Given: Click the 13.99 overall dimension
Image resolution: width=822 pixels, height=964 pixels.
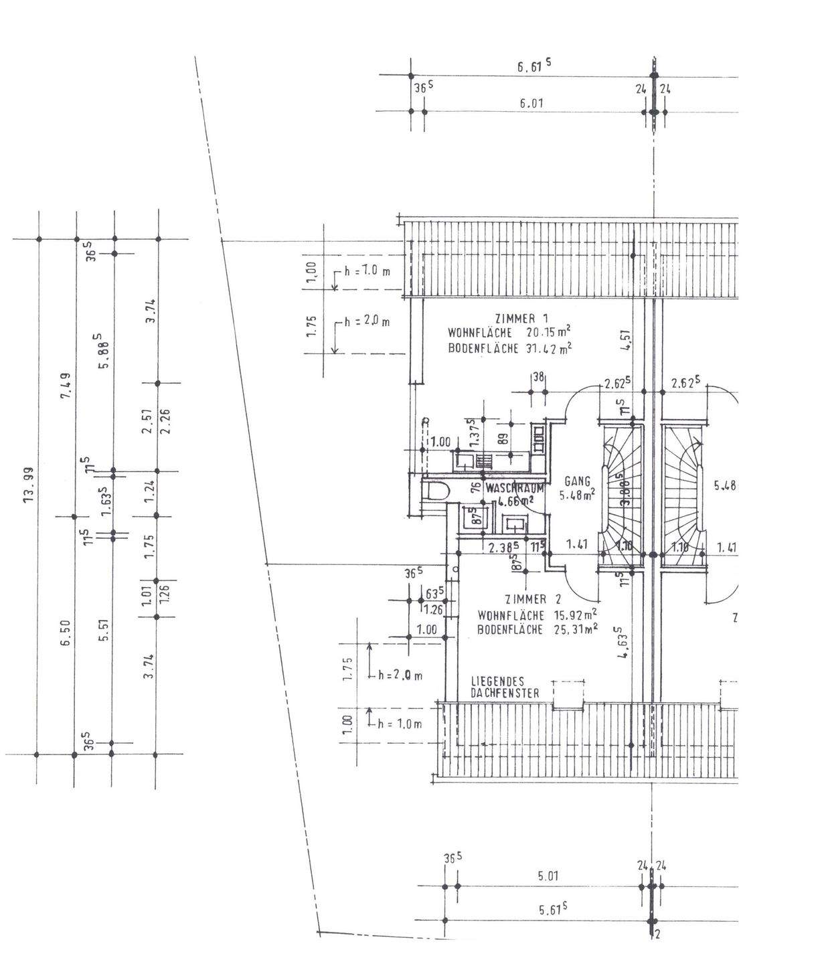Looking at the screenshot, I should point(29,495).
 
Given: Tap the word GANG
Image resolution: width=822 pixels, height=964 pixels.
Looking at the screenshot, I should point(576,481).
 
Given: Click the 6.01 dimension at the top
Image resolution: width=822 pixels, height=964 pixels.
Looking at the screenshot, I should point(531,103).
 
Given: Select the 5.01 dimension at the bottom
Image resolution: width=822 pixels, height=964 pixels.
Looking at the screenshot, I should point(548,876).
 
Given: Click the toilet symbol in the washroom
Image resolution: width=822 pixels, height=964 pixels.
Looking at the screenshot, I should point(436,493).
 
